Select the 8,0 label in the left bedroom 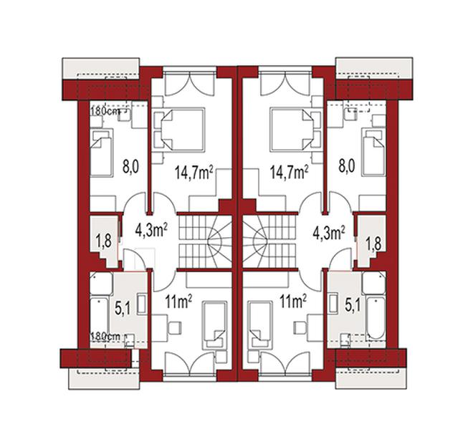pos(130,166)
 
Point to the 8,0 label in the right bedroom pos(347,166)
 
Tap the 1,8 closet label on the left pos(104,241)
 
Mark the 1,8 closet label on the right pos(373,243)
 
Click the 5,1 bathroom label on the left pos(123,307)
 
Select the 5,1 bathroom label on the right pos(353,306)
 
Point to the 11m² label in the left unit pos(178,302)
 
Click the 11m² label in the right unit pos(293,302)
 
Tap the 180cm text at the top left pos(105,111)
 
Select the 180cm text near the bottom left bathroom pos(105,336)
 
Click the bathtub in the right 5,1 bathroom pos(376,318)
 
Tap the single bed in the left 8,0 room pos(102,153)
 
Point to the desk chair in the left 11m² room pos(175,327)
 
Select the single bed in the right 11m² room pos(259,325)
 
